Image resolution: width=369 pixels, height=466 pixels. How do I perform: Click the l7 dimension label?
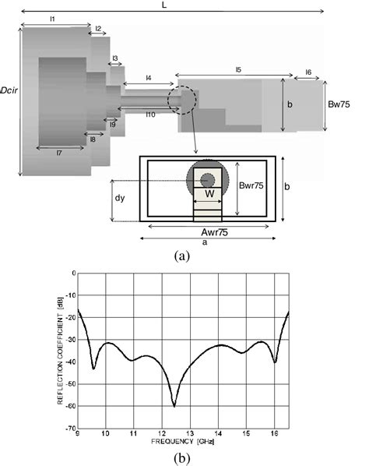(60, 152)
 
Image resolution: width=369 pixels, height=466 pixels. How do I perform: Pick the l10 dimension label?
(150, 114)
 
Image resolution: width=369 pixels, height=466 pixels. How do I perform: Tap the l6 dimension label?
(308, 72)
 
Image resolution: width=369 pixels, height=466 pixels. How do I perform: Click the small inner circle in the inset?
(207, 180)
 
